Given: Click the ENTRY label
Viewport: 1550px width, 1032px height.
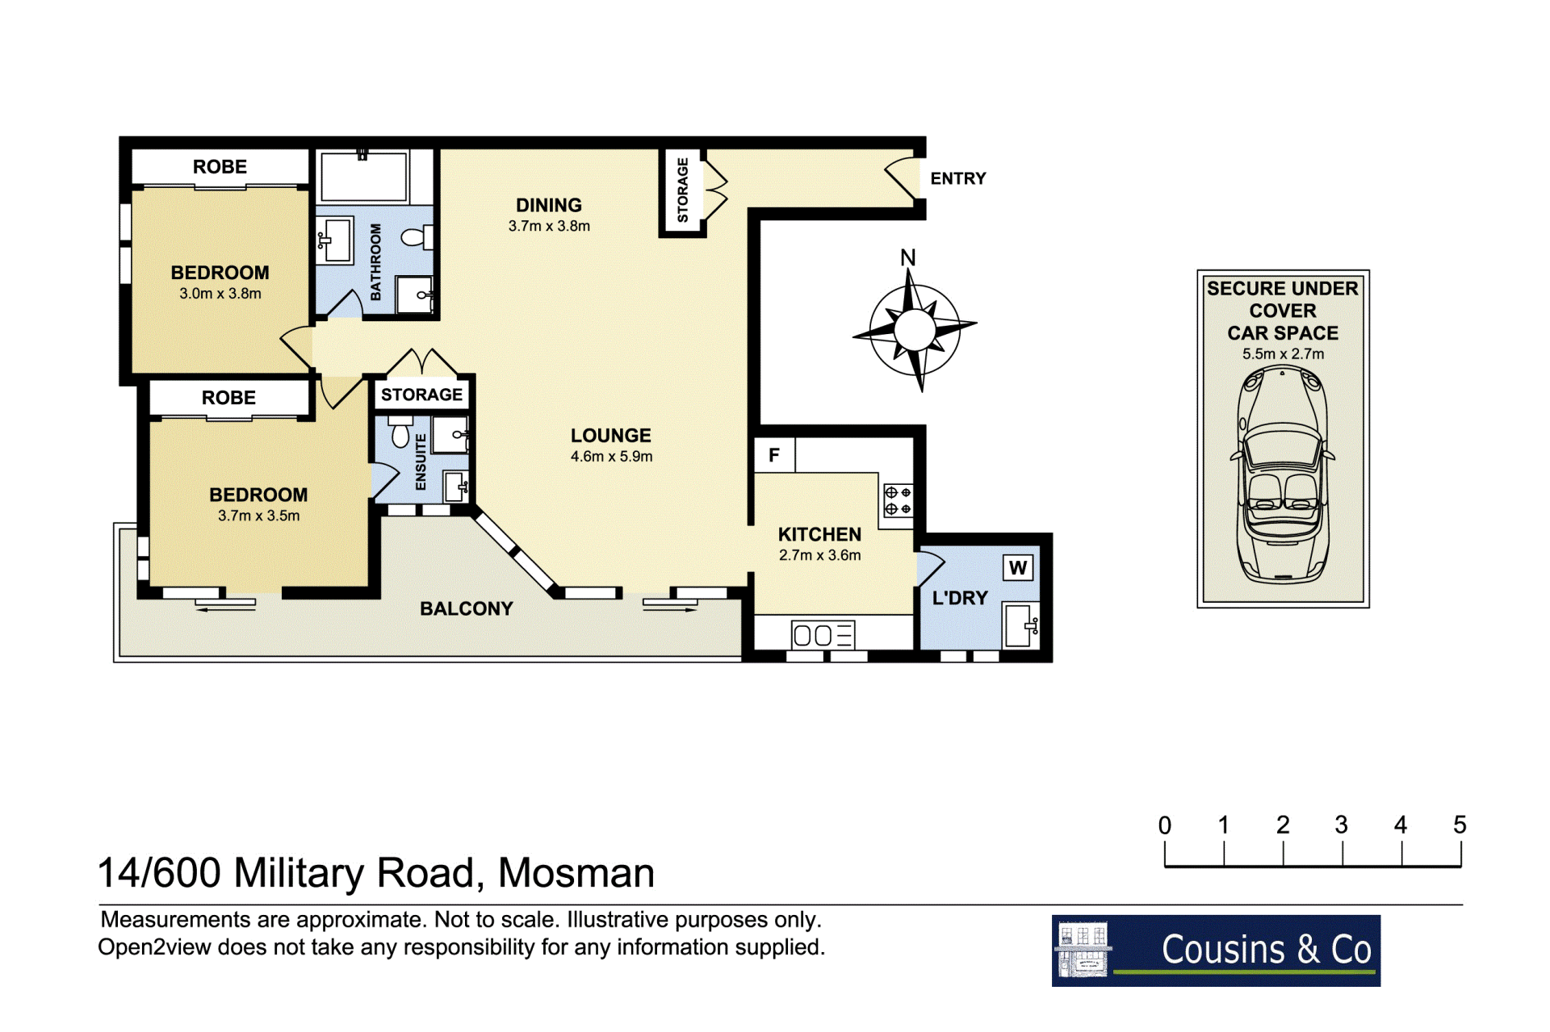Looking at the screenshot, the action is coord(957,178).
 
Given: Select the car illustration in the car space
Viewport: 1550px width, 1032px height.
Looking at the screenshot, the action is coord(1282,474).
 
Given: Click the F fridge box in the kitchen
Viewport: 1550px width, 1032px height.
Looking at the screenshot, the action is coord(774,455).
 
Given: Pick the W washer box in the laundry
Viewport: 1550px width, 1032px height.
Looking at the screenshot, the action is coord(1018,567).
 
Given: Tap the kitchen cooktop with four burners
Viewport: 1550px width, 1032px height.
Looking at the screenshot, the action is coord(897,500).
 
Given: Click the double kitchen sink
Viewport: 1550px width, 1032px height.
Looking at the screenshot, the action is coord(823,635).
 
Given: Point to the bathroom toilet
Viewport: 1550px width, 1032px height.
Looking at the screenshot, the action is coord(417,237).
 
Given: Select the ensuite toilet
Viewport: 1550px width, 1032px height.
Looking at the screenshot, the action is coord(400,432).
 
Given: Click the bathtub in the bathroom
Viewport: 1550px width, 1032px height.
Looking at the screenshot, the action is coord(364,175).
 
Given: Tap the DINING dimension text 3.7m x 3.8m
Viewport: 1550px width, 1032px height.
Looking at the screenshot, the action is coord(549,226).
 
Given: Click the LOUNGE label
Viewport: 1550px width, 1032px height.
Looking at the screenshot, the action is coord(610,436).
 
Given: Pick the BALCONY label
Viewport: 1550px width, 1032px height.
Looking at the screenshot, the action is coord(467,608).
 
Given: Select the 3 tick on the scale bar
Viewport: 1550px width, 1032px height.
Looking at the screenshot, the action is coord(1343,854).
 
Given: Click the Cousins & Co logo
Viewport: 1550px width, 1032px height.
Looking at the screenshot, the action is coord(1216,951).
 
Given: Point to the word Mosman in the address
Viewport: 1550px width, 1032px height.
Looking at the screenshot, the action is coord(576,873).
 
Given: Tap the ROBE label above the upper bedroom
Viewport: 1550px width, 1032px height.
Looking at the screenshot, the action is coord(220,167).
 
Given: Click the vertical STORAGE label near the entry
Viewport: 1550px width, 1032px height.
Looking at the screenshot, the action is coord(683,190).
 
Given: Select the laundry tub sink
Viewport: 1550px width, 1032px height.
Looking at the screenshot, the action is coord(1020,625).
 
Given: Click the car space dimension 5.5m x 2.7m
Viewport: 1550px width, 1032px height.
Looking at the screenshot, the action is coord(1283,353).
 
